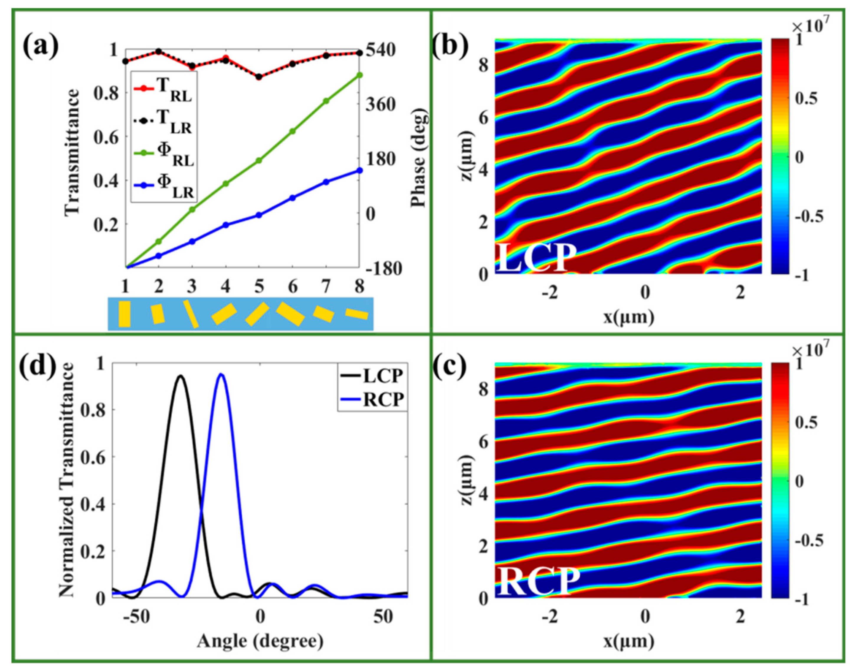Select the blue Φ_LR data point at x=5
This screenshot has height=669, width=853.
tap(259, 215)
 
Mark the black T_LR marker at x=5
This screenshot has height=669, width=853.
tap(259, 77)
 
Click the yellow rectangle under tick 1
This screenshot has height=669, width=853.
tap(125, 314)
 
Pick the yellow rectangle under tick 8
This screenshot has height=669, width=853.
tap(356, 314)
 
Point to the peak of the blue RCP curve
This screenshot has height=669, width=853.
tap(221, 374)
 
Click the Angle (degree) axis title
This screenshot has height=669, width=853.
tap(260, 641)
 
